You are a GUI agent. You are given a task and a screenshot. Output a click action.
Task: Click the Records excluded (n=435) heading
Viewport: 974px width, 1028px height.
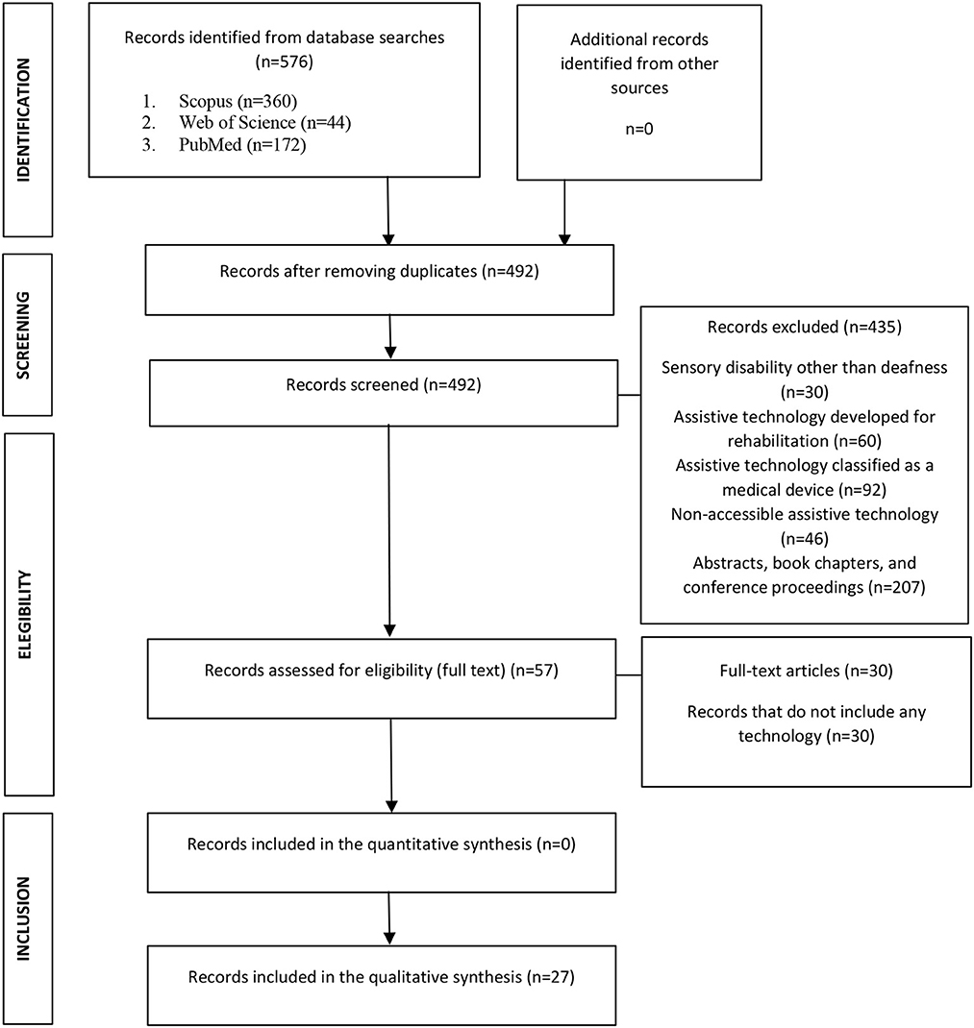[806, 326]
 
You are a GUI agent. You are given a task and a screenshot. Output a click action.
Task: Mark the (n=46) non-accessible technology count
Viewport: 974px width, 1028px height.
[806, 539]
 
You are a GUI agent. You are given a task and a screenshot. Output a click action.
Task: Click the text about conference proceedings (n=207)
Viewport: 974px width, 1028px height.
[804, 586]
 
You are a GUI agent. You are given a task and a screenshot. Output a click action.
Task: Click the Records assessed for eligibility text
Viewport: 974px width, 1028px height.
[382, 669]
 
